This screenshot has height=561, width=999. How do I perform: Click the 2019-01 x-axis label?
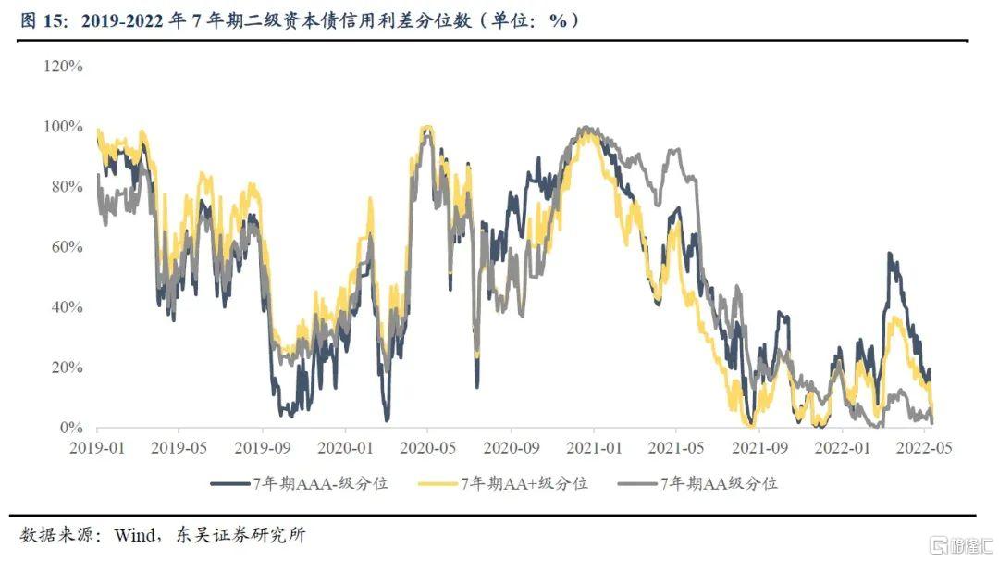pyautogui.click(x=97, y=446)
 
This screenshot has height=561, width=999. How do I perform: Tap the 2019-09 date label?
pyautogui.click(x=263, y=446)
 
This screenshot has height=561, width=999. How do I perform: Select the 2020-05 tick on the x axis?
pyautogui.click(x=427, y=446)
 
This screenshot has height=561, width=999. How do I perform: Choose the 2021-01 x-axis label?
pyautogui.click(x=593, y=446)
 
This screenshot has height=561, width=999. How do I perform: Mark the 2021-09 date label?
pyautogui.click(x=758, y=446)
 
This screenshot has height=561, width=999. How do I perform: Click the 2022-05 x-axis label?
pyautogui.click(x=923, y=446)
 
